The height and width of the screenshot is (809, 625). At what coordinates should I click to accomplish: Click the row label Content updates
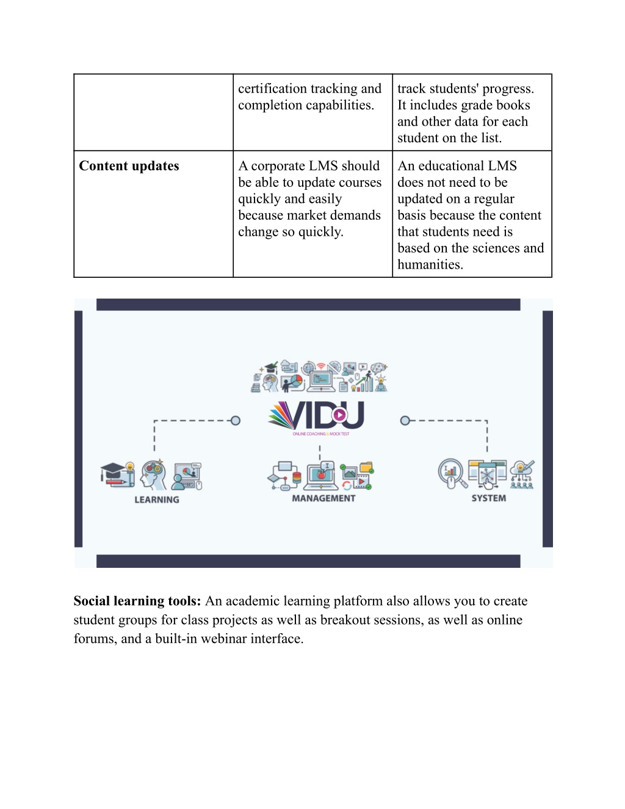click(x=129, y=166)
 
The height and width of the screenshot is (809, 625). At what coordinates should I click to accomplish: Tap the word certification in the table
click(x=273, y=89)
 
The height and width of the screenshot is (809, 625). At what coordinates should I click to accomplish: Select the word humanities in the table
click(x=430, y=264)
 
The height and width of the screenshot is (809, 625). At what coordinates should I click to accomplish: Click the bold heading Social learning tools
click(x=137, y=601)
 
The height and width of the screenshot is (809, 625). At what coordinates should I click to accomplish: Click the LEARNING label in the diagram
click(x=157, y=499)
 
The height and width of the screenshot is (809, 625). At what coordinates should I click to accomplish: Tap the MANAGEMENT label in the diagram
click(x=323, y=498)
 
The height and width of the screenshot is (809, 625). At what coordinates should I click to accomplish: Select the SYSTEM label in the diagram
click(x=488, y=498)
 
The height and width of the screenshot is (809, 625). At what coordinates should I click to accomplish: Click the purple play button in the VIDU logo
click(x=339, y=415)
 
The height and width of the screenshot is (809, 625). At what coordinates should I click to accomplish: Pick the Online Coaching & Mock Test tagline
click(x=320, y=434)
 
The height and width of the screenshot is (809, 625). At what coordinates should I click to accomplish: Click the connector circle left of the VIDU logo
click(x=236, y=421)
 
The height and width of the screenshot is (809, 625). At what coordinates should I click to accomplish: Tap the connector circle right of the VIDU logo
click(x=405, y=421)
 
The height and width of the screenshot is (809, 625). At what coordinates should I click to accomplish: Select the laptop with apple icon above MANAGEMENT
click(x=321, y=476)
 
